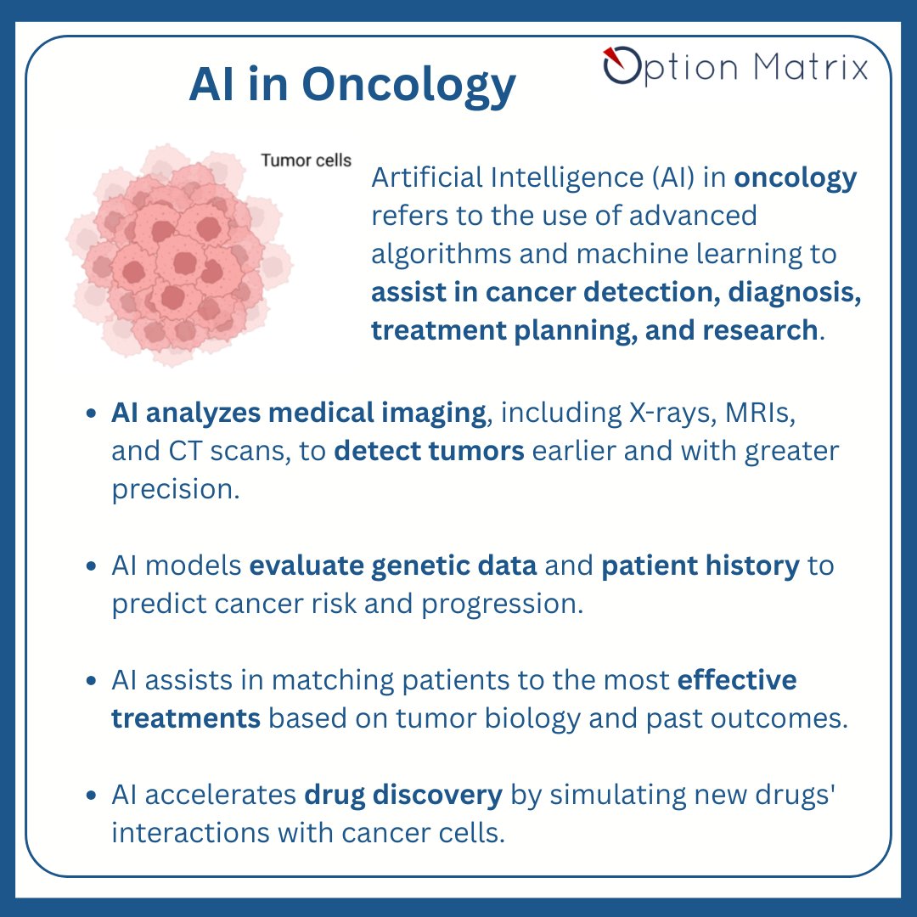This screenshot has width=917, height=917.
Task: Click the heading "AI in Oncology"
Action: [x=352, y=85]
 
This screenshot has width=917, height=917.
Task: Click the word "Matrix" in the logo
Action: [x=810, y=66]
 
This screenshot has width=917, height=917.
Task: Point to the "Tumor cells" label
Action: [x=306, y=160]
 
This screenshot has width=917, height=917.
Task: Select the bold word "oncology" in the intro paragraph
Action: [x=796, y=177]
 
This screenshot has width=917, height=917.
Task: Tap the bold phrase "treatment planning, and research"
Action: [x=594, y=330]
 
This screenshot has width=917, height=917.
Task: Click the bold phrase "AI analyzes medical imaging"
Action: [x=296, y=413]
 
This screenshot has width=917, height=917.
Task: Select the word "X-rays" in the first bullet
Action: [x=682, y=413]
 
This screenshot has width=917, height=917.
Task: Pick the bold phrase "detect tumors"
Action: [x=429, y=451]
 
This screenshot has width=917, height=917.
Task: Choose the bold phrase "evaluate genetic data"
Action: [x=392, y=565]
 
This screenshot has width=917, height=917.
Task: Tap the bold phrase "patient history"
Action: [x=700, y=565]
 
